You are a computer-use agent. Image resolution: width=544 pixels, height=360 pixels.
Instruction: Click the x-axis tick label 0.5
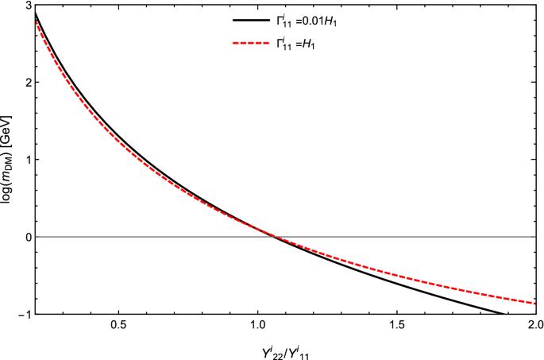click(118, 326)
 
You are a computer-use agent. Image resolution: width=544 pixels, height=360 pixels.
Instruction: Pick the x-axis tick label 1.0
click(257, 326)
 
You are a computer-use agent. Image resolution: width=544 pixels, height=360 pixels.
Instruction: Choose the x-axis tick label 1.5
click(396, 326)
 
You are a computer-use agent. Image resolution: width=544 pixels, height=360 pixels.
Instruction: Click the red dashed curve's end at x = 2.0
click(534, 303)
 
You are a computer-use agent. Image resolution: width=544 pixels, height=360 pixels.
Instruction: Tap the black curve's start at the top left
click(36, 13)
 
